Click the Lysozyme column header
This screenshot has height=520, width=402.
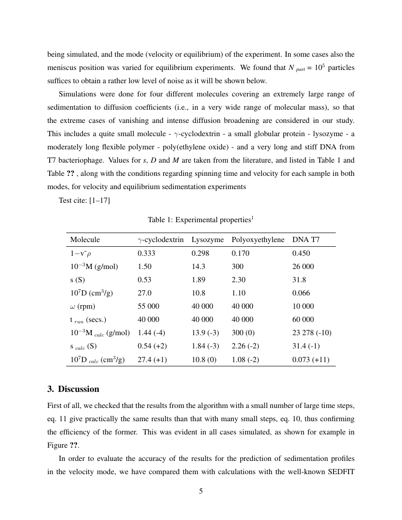pyautogui.click(x=207, y=240)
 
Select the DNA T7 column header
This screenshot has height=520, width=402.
pyautogui.click(x=306, y=240)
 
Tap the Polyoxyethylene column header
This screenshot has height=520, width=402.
pyautogui.click(x=258, y=240)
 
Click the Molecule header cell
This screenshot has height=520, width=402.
pyautogui.click(x=85, y=240)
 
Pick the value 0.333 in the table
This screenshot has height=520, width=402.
pyautogui.click(x=146, y=253)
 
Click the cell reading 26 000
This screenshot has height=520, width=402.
pyautogui.click(x=303, y=266)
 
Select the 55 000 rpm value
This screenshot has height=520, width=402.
pyautogui.click(x=148, y=306)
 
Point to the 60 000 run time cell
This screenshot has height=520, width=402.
pyautogui.click(x=303, y=319)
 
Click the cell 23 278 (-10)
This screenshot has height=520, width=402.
pyautogui.click(x=312, y=332)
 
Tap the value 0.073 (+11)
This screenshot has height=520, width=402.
pyautogui.click(x=311, y=359)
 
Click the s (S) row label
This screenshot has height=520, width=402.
pyautogui.click(x=78, y=279)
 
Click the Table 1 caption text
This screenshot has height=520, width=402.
pyautogui.click(x=201, y=220)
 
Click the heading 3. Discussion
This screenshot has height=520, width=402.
pyautogui.click(x=73, y=389)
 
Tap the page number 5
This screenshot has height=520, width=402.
pyautogui.click(x=201, y=491)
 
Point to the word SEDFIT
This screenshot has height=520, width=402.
pyautogui.click(x=340, y=472)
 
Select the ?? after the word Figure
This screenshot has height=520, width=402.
pyautogui.click(x=74, y=445)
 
